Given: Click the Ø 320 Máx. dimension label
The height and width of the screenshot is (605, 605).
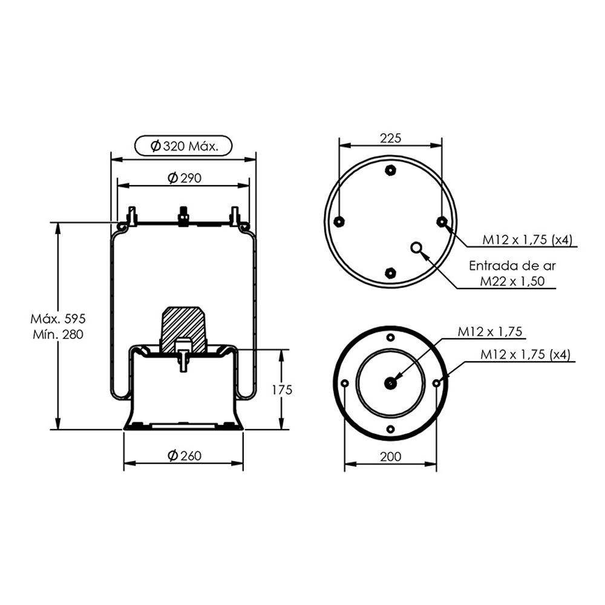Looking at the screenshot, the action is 184,146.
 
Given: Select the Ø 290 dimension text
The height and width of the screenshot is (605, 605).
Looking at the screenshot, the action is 185,178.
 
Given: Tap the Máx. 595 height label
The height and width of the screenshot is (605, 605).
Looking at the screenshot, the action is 58,319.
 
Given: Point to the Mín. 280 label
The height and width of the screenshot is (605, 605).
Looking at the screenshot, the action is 58,334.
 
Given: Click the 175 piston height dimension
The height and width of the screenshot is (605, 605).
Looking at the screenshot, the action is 282,390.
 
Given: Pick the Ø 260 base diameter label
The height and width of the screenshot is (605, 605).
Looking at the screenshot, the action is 185,456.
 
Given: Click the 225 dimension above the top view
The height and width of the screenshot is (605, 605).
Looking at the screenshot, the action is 390,138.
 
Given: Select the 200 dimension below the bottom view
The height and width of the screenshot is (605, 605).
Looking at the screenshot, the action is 390,456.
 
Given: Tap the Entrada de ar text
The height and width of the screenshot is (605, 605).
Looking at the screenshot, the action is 512,266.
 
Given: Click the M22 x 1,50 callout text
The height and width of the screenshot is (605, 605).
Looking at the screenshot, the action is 512,281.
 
